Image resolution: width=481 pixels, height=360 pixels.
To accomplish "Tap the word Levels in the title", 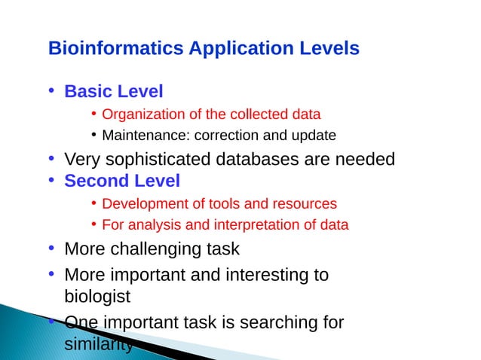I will pos(323,49).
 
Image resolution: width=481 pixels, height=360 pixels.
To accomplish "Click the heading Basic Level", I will pos(114,93).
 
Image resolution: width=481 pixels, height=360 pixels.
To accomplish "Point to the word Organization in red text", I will pos(139,115).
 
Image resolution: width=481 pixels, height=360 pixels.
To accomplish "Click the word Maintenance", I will pos(138,136).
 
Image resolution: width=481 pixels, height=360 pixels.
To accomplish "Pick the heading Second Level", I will pos(122,182).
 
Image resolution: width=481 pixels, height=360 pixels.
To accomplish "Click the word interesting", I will pos(259,275).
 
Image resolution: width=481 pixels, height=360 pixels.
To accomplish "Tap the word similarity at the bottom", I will pos(98,344).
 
